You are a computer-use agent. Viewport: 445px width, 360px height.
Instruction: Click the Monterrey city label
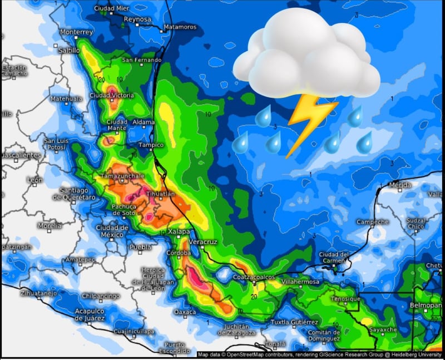(76, 32)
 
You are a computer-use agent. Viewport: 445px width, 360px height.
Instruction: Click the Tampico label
(151, 145)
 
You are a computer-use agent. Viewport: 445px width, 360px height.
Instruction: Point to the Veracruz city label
(203, 242)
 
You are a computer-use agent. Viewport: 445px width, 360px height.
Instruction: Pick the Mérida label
(400, 185)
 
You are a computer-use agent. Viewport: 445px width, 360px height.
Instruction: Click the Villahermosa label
(301, 282)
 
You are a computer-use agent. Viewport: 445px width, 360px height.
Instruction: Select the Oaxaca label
(185, 312)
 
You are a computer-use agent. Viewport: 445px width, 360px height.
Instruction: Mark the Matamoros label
(180, 27)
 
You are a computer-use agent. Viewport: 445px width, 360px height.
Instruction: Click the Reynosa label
(137, 19)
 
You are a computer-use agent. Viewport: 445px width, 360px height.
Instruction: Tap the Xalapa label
(179, 231)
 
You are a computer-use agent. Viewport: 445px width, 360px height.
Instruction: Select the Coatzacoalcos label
(254, 277)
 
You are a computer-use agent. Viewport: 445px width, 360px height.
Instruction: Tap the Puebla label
(140, 246)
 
